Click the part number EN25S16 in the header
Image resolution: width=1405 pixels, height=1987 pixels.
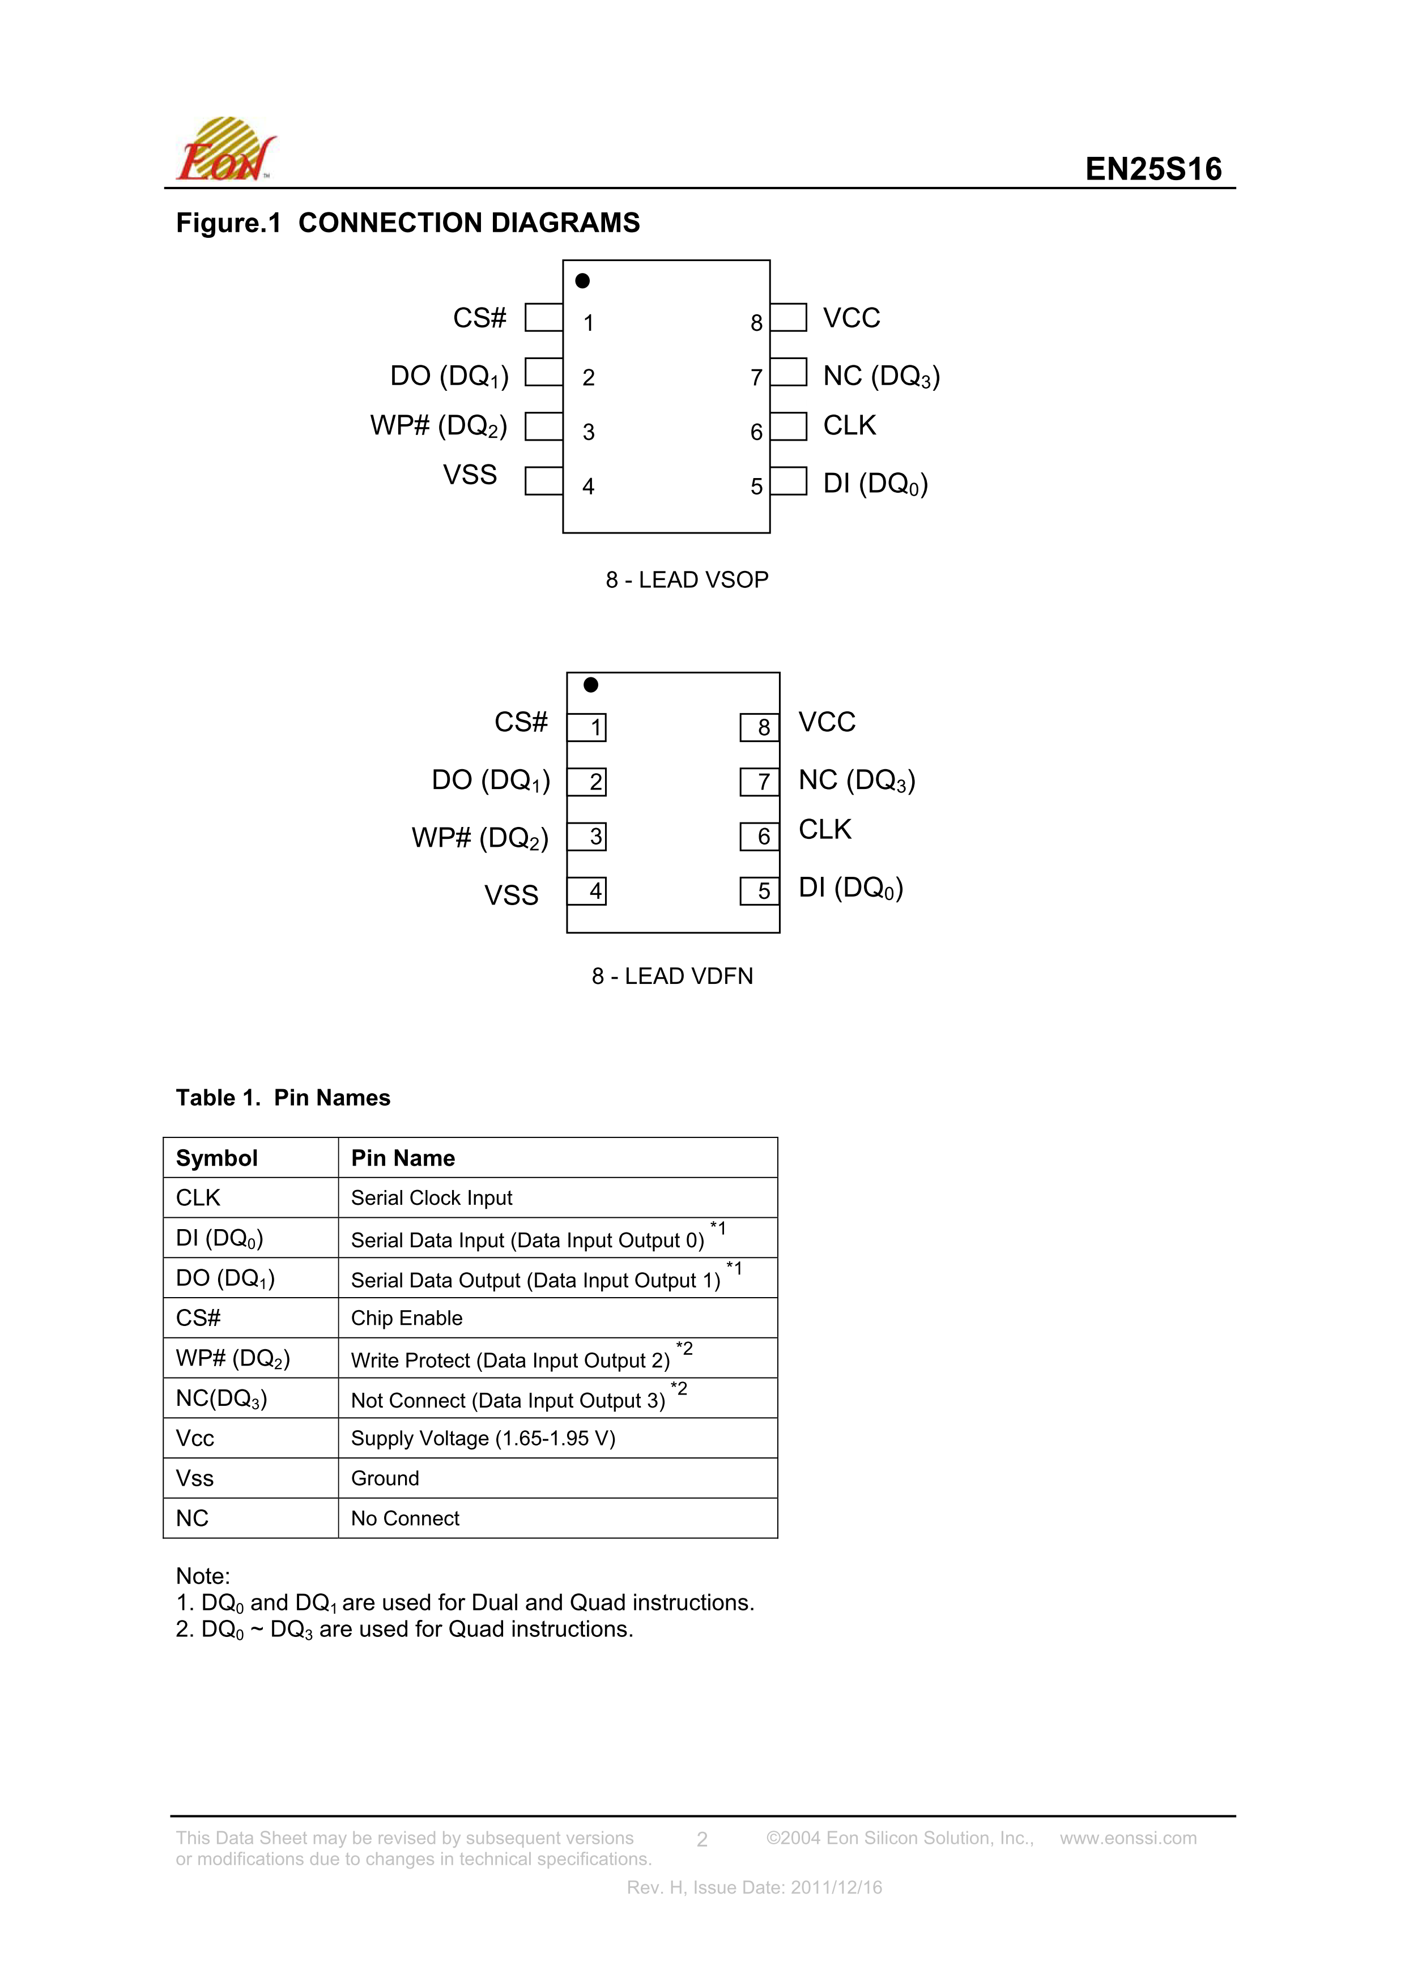[x=1153, y=169]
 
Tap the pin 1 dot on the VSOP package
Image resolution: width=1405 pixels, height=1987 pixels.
[x=582, y=280]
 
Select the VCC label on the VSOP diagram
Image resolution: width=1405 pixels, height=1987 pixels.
[x=851, y=318]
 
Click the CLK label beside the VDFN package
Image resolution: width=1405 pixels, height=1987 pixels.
[x=824, y=829]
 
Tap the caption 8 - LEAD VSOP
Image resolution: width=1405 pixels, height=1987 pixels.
[x=687, y=580]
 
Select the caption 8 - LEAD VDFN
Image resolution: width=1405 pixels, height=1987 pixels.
[x=672, y=976]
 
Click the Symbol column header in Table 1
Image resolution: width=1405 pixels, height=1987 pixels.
[x=216, y=1158]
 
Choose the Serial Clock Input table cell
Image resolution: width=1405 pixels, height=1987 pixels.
[x=431, y=1198]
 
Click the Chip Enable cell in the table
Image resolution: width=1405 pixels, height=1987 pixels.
[x=407, y=1318]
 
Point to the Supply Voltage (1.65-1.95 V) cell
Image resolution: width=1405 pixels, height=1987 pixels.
[x=483, y=1438]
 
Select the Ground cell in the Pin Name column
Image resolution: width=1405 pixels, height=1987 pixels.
[x=385, y=1478]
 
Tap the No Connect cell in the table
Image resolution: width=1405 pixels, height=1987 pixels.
[x=405, y=1518]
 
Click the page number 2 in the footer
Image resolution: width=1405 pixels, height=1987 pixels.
[x=702, y=1839]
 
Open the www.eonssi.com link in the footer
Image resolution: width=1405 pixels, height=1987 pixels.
[x=1128, y=1837]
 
